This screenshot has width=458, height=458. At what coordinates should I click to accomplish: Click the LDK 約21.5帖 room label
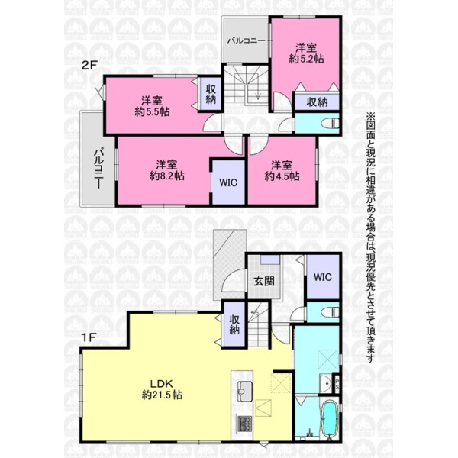[x=162, y=389]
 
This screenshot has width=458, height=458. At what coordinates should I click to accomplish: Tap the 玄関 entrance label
[x=264, y=281]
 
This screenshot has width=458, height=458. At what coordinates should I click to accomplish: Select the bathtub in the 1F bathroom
[x=330, y=419]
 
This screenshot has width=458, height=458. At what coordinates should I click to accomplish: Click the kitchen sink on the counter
[x=244, y=392]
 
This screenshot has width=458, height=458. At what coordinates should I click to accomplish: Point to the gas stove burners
[x=244, y=424]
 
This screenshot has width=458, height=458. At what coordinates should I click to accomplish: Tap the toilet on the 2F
[x=330, y=124]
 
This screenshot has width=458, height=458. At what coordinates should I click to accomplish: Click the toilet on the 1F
[x=330, y=312]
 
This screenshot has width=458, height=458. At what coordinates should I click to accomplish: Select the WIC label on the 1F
[x=323, y=276]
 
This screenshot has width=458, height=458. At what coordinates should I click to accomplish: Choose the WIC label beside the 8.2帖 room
[x=228, y=182]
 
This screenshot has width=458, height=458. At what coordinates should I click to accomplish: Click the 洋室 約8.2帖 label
[x=166, y=170]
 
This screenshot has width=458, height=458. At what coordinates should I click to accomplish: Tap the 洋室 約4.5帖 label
[x=282, y=170]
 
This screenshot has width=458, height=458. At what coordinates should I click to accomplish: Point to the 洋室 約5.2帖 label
[x=306, y=53]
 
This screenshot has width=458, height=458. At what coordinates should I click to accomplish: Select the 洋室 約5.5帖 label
[x=152, y=106]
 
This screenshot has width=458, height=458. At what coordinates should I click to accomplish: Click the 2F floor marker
[x=89, y=65]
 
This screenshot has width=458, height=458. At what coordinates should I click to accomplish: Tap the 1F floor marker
[x=89, y=338]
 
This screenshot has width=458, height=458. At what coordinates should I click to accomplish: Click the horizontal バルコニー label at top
[x=247, y=40]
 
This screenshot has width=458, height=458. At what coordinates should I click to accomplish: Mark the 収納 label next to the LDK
[x=234, y=325]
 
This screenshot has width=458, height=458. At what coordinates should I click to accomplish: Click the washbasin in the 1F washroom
[x=326, y=383]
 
